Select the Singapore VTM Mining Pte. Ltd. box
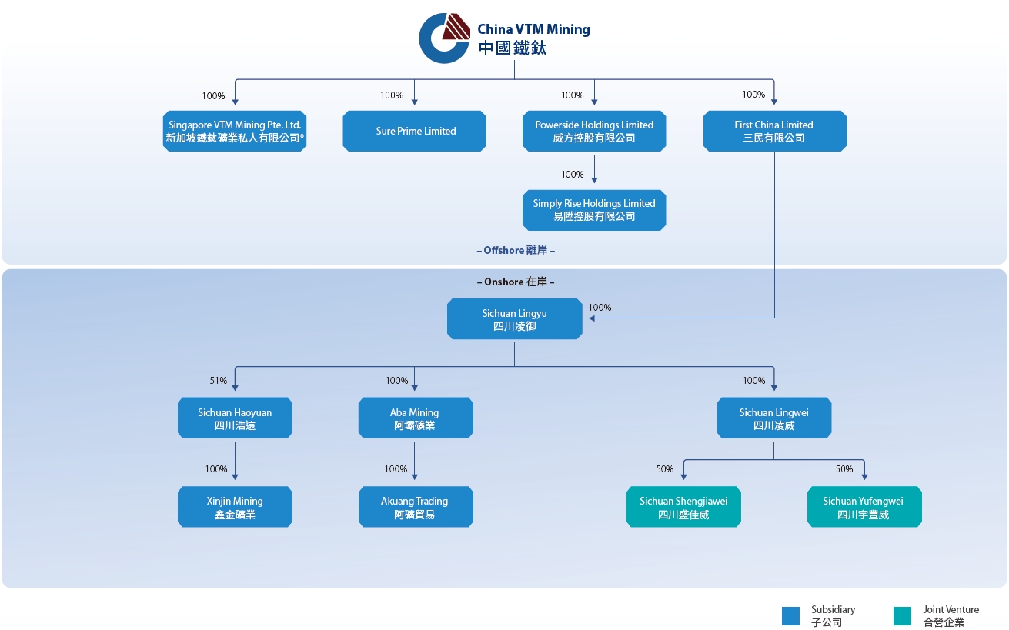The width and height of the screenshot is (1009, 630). (x=235, y=131)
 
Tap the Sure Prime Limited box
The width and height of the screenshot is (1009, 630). (x=414, y=131)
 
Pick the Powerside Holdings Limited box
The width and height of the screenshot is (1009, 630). (x=594, y=131)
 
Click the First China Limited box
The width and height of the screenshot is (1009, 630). (x=774, y=131)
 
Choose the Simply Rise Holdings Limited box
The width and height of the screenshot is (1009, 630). (x=594, y=210)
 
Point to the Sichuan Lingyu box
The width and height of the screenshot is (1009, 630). (x=514, y=318)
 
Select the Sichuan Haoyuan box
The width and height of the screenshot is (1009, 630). (x=235, y=418)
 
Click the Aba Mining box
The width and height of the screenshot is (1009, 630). (x=416, y=418)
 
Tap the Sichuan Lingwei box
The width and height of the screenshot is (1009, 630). (x=773, y=418)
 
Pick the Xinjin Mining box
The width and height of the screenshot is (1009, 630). (x=235, y=507)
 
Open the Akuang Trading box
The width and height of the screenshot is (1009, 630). (x=416, y=507)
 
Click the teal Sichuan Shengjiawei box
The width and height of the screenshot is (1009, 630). (x=683, y=507)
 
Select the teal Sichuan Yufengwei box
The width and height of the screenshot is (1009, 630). (x=864, y=507)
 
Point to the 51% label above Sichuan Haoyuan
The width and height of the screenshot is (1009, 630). (x=219, y=381)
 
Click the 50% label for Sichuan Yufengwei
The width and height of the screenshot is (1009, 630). (x=844, y=469)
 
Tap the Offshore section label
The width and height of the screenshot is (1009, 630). (x=516, y=250)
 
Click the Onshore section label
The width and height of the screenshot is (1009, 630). (x=516, y=282)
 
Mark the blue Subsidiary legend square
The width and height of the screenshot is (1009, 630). (x=790, y=616)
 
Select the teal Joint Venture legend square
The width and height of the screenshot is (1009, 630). (x=902, y=616)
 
